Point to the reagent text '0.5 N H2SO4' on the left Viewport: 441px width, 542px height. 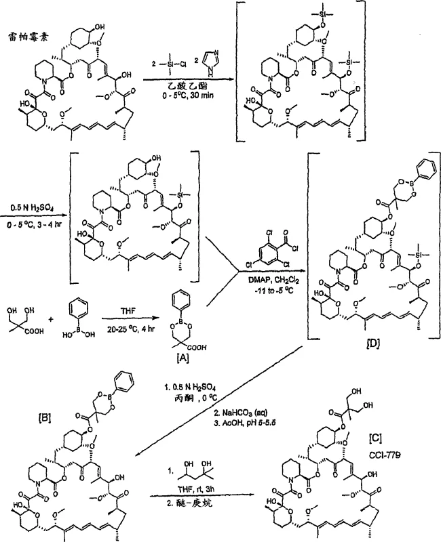pos(32,202)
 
